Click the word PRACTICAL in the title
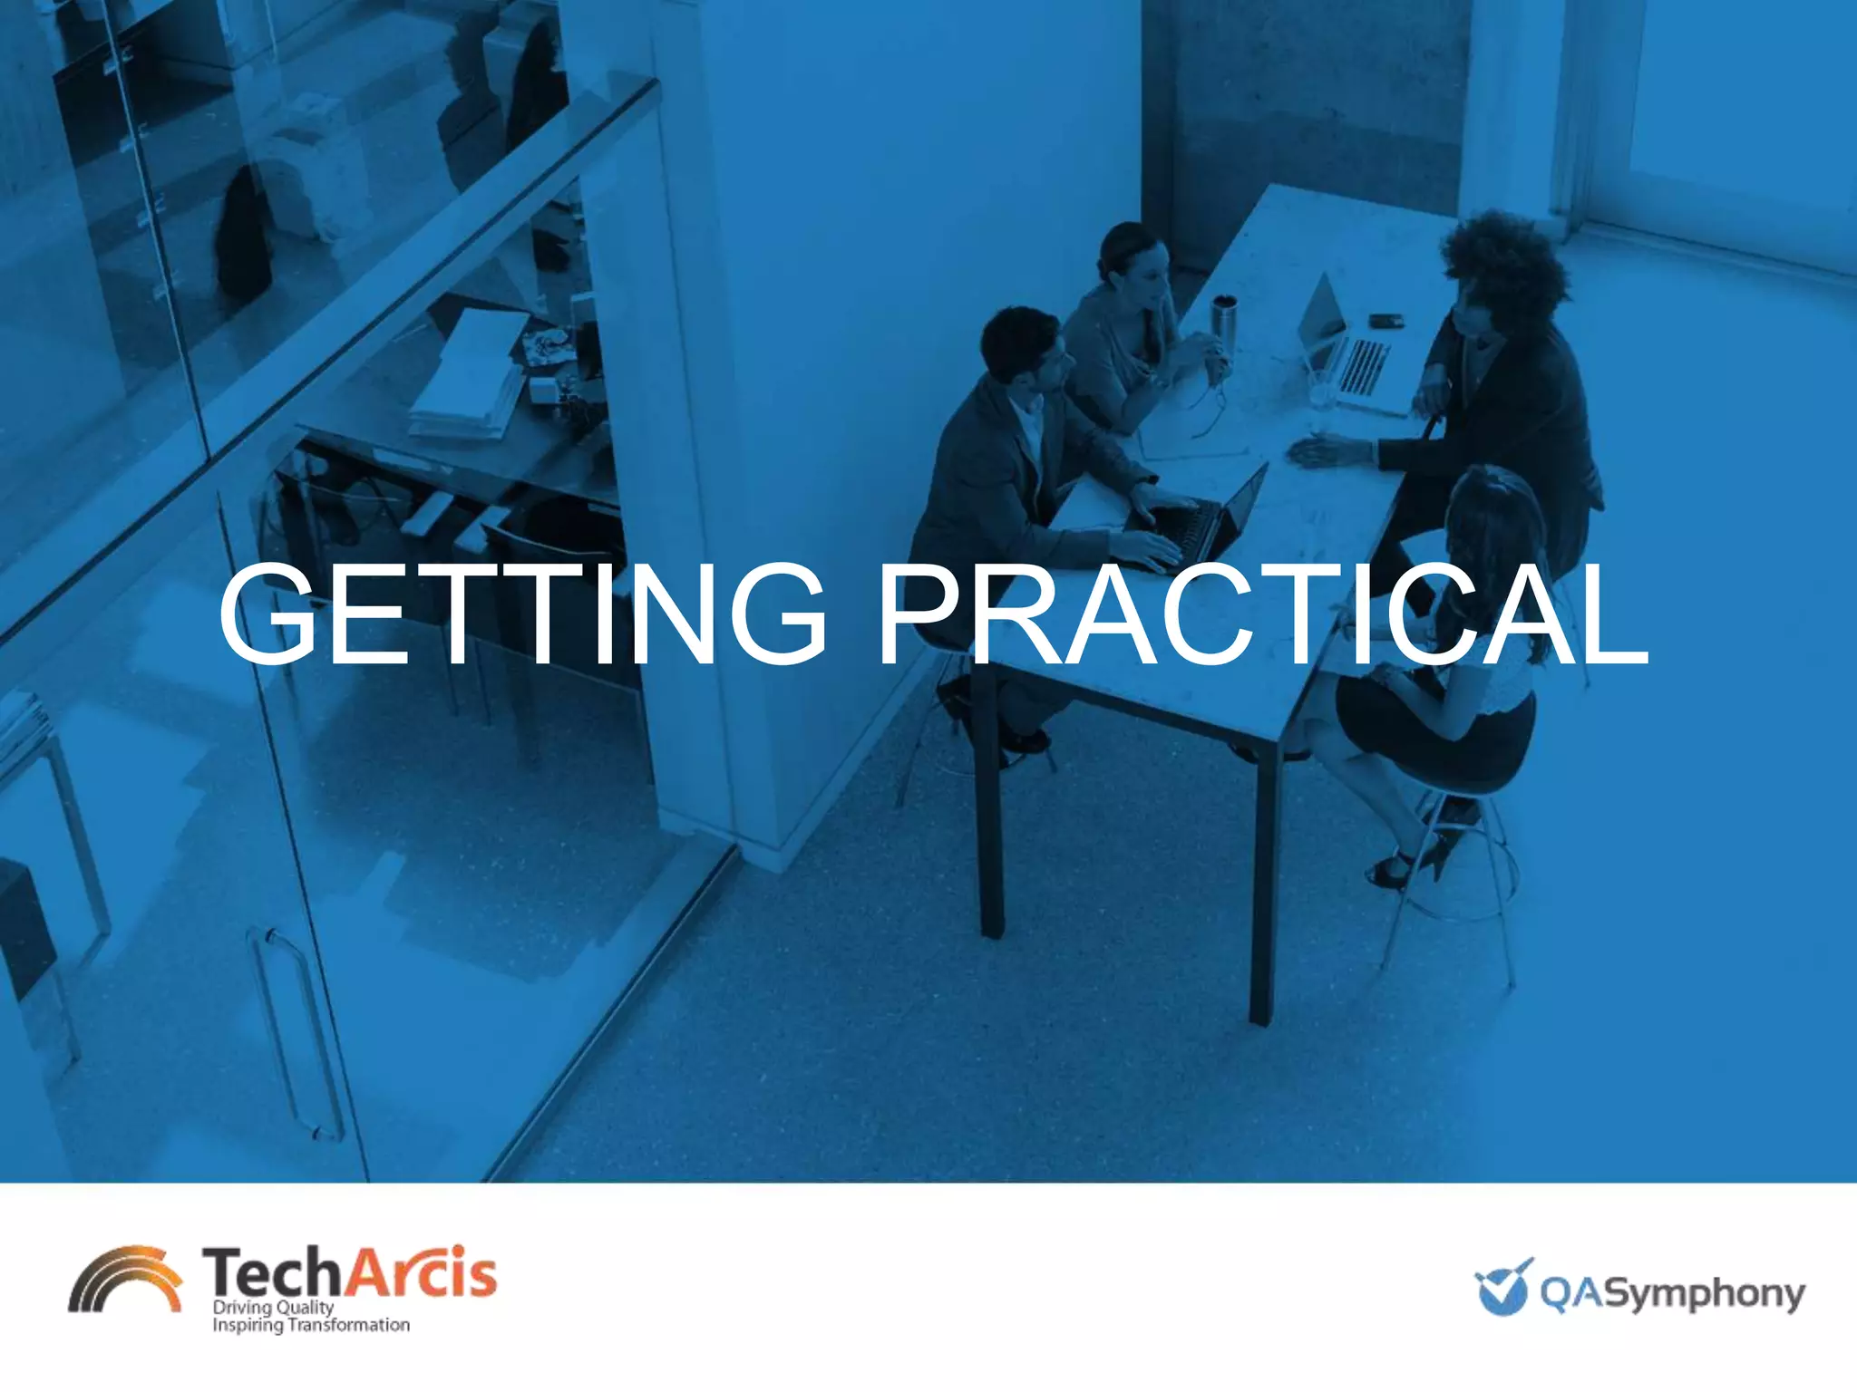(1261, 615)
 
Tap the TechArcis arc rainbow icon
(125, 1278)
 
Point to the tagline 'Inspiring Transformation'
(310, 1326)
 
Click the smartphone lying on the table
(1385, 320)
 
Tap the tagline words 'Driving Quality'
(273, 1308)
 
